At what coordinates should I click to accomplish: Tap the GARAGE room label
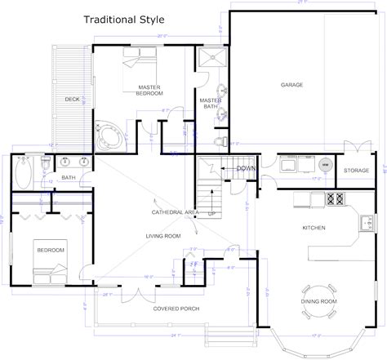tap(291, 84)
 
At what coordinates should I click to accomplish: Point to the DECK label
tap(71, 100)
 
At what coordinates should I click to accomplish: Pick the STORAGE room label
tap(356, 171)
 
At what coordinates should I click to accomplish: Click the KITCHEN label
tap(314, 229)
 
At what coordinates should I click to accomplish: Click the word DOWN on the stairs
tap(246, 168)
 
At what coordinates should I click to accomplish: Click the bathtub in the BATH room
tap(24, 172)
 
